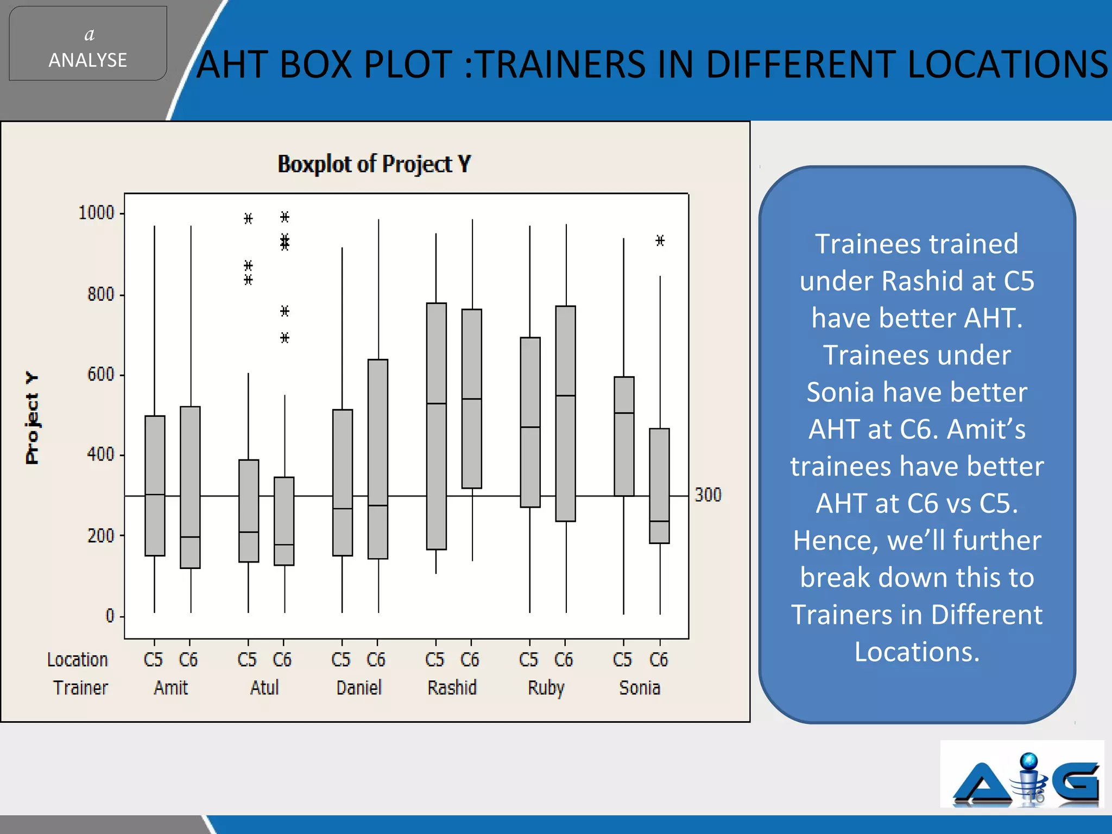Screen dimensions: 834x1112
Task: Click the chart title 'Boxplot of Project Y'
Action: tap(374, 164)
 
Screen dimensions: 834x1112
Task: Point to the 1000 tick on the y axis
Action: tap(97, 213)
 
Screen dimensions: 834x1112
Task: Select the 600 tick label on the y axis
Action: tap(100, 375)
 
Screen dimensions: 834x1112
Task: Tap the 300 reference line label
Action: tap(708, 495)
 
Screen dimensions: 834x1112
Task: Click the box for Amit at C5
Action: tap(155, 485)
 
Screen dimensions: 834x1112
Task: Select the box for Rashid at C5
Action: tap(436, 426)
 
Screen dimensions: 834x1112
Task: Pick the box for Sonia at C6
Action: tap(659, 485)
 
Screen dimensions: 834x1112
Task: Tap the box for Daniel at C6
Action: tap(378, 459)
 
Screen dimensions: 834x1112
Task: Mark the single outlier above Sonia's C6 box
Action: tap(660, 241)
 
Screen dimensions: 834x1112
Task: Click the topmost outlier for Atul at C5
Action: tap(248, 219)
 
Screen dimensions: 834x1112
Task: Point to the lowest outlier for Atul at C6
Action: tap(285, 338)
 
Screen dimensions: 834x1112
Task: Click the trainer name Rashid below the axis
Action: tap(452, 688)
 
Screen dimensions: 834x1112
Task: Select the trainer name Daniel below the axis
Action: tap(359, 688)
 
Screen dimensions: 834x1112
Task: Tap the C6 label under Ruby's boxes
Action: tap(564, 660)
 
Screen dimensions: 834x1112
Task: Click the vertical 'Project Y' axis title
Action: tap(32, 418)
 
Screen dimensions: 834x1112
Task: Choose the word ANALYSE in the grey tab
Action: tap(88, 60)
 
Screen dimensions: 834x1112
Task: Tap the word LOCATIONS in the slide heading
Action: tap(1007, 64)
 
